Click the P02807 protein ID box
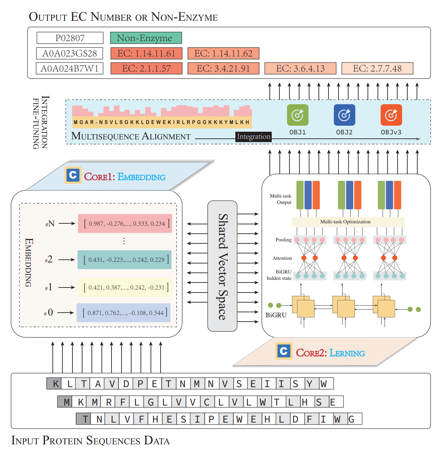pyautogui.click(x=70, y=38)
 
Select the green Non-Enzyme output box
pyautogui.click(x=146, y=38)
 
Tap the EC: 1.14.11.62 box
pyautogui.click(x=223, y=53)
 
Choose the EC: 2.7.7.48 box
pyautogui.click(x=377, y=69)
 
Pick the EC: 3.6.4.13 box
pyautogui.click(x=300, y=69)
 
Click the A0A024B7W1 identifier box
pyautogui.click(x=69, y=69)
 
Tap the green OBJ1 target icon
pyautogui.click(x=297, y=115)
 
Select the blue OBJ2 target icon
pyautogui.click(x=344, y=115)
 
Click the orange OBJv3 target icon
pyautogui.click(x=391, y=115)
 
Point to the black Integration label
pyautogui.click(x=253, y=137)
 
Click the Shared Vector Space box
pyautogui.click(x=222, y=266)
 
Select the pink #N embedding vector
pyautogui.click(x=125, y=224)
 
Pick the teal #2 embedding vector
pyautogui.click(x=125, y=260)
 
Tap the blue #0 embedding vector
pyautogui.click(x=124, y=313)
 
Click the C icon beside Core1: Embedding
pyautogui.click(x=73, y=175)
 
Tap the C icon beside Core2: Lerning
pyautogui.click(x=284, y=351)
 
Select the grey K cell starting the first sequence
pyautogui.click(x=54, y=383)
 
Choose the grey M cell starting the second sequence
pyautogui.click(x=65, y=402)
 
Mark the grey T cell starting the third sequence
pyautogui.click(x=83, y=419)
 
